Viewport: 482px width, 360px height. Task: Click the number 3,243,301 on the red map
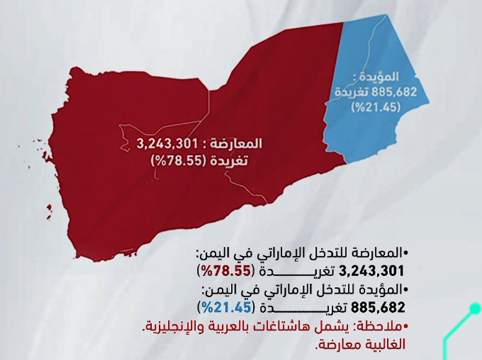click(166, 145)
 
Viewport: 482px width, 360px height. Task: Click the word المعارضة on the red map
click(241, 145)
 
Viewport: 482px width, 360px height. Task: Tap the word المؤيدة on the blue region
click(382, 78)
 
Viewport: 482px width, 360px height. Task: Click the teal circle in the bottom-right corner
click(475, 308)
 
